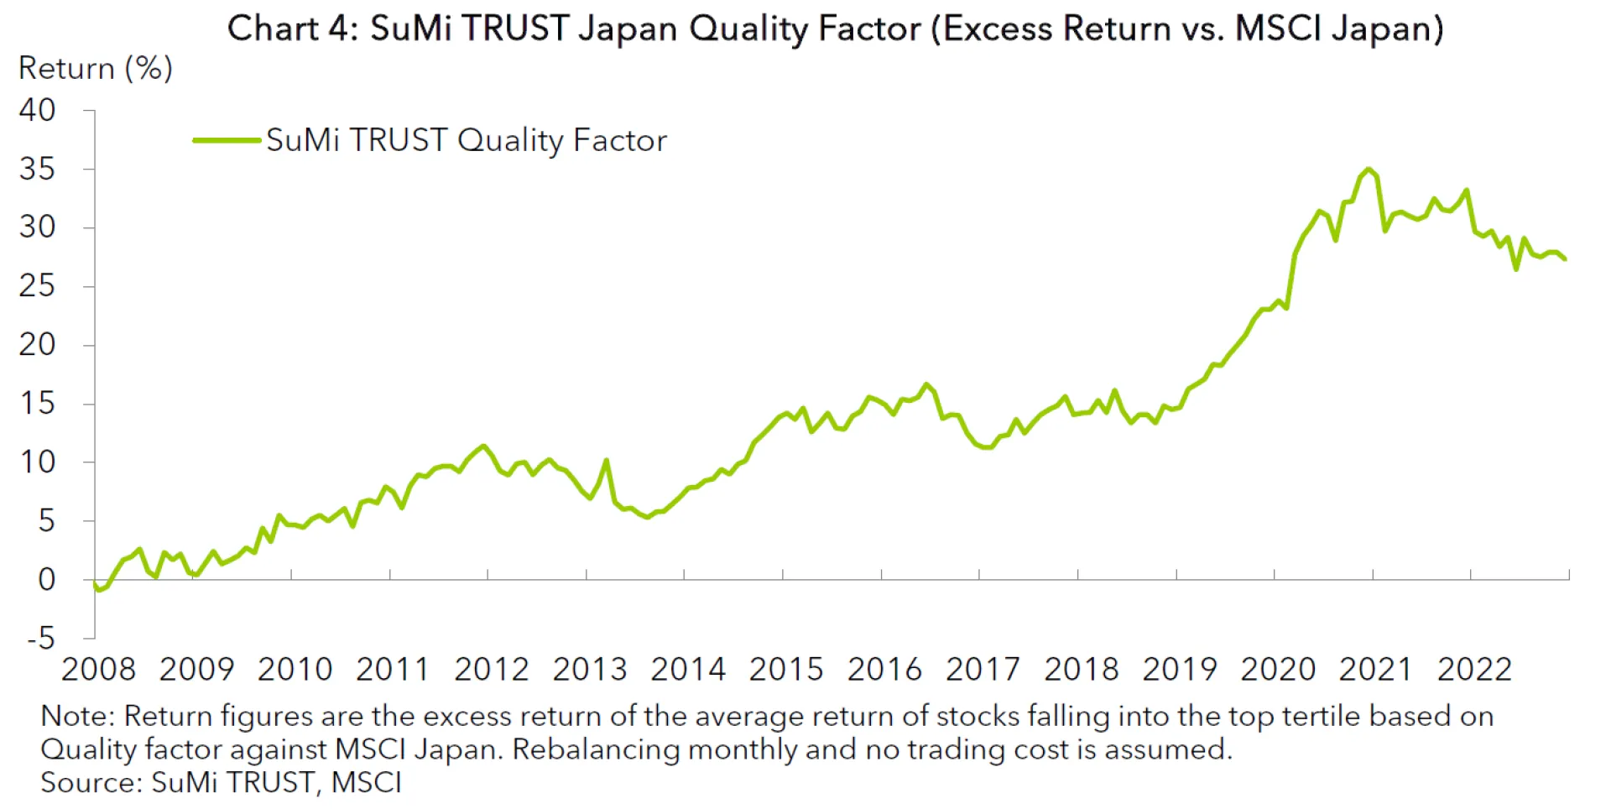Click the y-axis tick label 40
click(38, 110)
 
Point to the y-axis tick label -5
click(41, 639)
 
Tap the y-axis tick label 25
click(38, 286)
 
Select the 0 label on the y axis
click(47, 579)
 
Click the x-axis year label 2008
click(98, 670)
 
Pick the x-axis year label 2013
click(589, 670)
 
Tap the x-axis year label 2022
click(1474, 670)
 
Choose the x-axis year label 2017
click(983, 670)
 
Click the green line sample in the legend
click(227, 140)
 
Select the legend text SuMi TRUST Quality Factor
click(467, 140)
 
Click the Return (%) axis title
click(96, 68)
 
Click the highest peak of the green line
click(1369, 170)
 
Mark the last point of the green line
click(1565, 259)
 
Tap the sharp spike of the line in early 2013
click(606, 460)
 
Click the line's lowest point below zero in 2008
click(100, 590)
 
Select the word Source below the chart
click(91, 782)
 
